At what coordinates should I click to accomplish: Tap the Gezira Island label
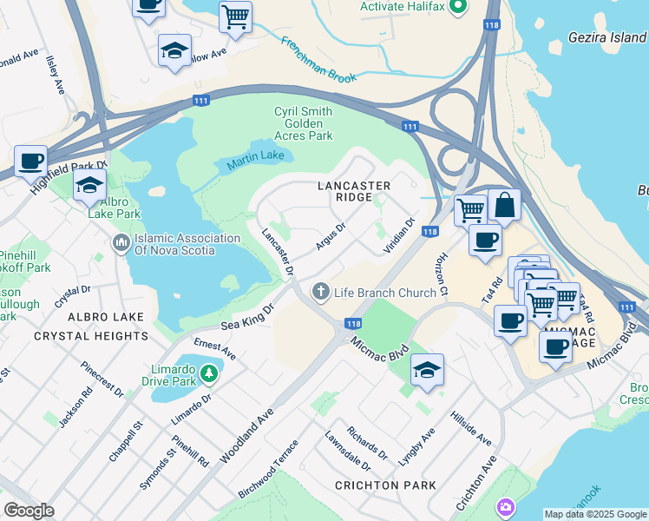tap(607, 37)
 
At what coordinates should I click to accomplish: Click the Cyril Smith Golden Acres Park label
tap(303, 123)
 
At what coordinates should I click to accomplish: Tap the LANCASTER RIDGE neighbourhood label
tap(354, 192)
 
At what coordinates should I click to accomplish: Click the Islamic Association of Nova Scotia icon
tap(121, 241)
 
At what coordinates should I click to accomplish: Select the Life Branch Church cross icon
tap(321, 292)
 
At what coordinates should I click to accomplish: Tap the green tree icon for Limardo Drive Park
tap(208, 374)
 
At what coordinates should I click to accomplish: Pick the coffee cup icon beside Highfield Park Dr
tap(31, 161)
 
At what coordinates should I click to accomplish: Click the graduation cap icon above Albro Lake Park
tap(89, 186)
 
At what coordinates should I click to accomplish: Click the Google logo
tap(28, 511)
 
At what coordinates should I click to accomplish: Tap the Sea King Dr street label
tap(247, 317)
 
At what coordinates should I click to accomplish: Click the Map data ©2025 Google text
tap(594, 514)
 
